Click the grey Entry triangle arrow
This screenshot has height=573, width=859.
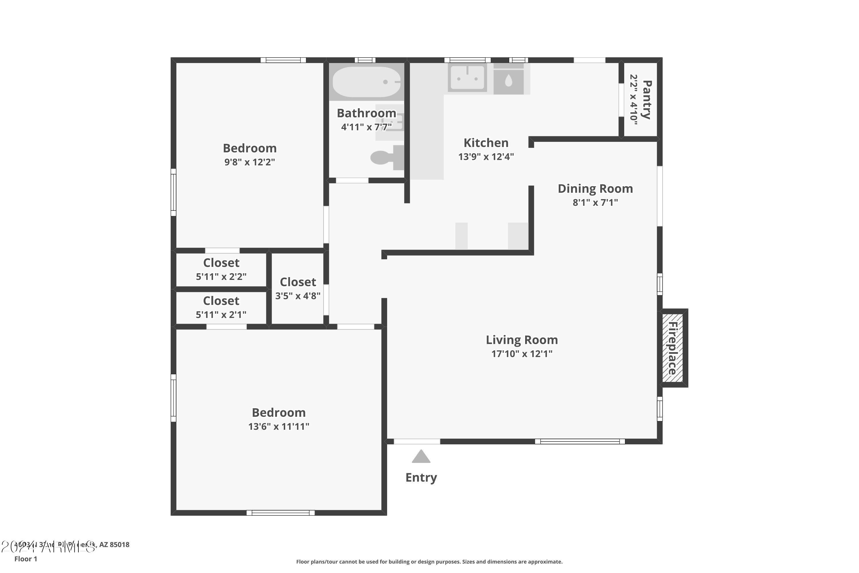[x=421, y=457]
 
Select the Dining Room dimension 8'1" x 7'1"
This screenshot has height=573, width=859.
[x=595, y=203]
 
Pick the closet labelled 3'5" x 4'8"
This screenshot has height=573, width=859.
[x=298, y=289]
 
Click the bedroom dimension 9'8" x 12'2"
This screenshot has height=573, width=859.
[x=249, y=162]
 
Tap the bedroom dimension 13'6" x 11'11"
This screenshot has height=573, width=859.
[x=279, y=427]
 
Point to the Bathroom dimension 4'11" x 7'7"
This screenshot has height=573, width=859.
[x=366, y=127]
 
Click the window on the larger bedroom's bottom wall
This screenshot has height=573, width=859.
[x=281, y=513]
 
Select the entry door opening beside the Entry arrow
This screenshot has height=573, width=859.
[x=417, y=441]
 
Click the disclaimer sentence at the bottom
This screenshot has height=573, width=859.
[x=429, y=562]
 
